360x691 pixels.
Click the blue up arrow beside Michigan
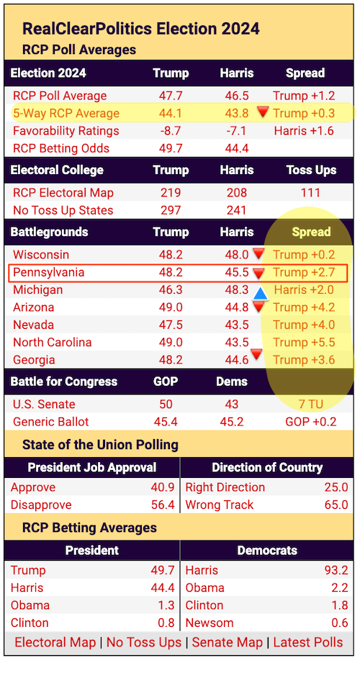261,294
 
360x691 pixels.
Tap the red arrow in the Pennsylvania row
258,274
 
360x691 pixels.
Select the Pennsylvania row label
48,273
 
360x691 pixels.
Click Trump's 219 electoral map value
171,193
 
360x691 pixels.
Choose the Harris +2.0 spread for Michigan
304,290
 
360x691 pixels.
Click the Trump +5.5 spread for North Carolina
304,343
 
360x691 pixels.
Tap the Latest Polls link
308,642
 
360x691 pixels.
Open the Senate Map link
228,642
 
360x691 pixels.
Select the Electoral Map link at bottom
55,642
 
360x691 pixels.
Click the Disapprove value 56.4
163,505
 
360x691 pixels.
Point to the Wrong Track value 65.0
336,505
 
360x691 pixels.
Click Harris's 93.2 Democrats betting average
336,570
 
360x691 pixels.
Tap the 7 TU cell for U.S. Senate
310,405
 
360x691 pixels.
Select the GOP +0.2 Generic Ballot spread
310,423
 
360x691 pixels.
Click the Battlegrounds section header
49,232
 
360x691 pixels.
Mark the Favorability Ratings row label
66,131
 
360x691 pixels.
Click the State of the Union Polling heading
101,445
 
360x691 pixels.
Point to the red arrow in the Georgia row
256,353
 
